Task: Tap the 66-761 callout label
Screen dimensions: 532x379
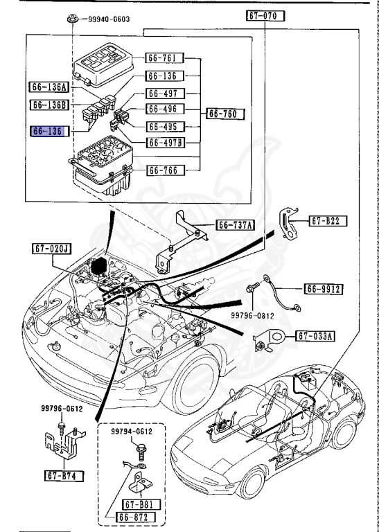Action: (164, 57)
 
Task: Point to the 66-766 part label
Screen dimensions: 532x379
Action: (164, 170)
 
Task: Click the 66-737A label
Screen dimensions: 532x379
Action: (236, 224)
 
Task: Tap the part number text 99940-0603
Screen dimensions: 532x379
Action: (109, 19)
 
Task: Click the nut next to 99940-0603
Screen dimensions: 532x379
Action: (72, 19)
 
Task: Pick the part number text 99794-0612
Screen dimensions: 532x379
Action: (132, 431)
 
